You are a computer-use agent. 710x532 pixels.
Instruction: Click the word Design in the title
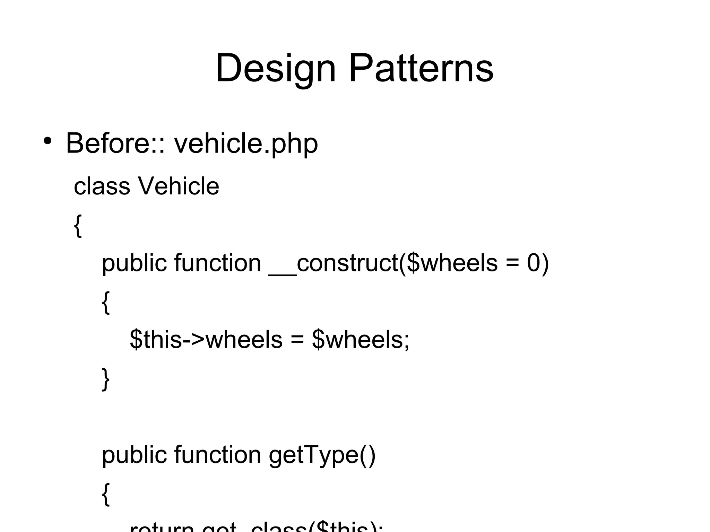[276, 68]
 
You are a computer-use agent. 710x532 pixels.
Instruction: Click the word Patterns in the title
[421, 68]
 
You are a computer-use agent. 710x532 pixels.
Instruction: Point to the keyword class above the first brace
[102, 186]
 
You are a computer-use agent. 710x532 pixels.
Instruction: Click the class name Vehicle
[179, 186]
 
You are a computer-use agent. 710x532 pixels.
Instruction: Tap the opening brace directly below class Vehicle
[78, 226]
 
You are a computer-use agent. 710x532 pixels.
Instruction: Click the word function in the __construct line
[217, 263]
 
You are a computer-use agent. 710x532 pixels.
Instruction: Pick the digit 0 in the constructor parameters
[534, 263]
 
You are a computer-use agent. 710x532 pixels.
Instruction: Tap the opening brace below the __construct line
[106, 303]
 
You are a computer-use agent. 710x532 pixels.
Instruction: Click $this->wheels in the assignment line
[206, 340]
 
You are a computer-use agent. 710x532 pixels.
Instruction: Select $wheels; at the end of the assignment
[361, 340]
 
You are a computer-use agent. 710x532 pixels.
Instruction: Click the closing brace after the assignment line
[106, 380]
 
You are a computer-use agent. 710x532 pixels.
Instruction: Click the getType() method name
[322, 455]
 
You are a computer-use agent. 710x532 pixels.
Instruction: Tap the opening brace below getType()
[106, 495]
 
